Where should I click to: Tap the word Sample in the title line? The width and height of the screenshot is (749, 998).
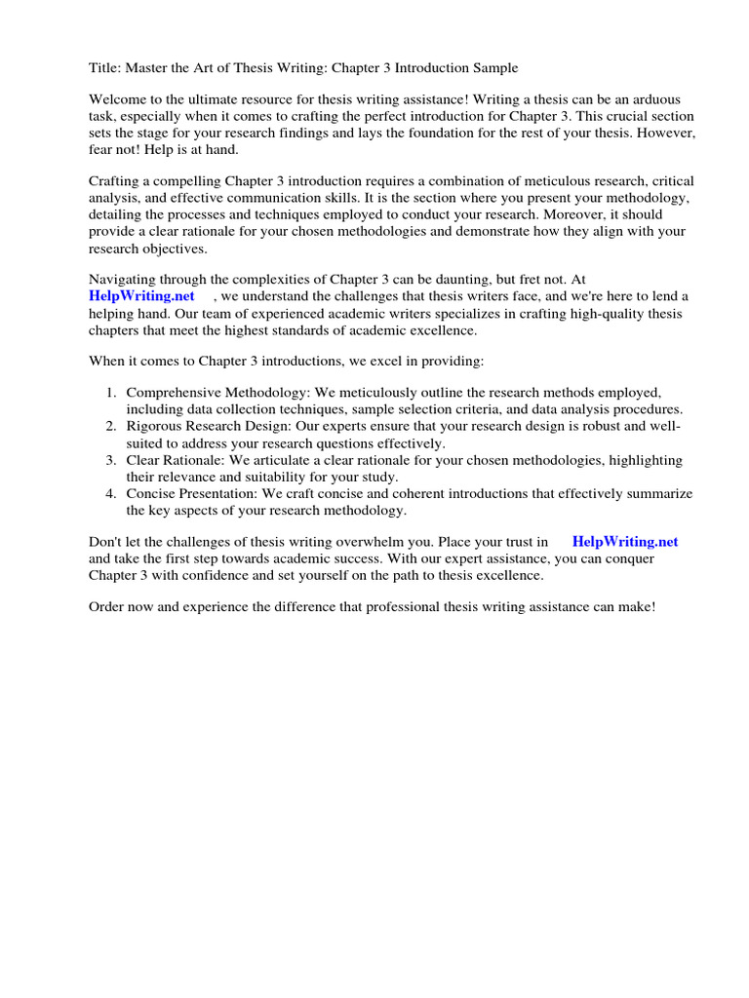coord(494,68)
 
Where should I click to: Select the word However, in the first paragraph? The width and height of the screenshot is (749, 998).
coord(666,133)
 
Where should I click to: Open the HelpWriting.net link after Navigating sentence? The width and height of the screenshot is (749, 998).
coord(141,295)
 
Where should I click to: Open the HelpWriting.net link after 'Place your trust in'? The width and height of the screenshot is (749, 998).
coord(625,542)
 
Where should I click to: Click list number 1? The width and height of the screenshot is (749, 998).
coord(112,393)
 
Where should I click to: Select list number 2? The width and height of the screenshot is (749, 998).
coord(112,427)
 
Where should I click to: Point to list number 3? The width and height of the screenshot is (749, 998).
coord(112,460)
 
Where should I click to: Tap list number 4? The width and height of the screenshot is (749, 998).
coord(112,494)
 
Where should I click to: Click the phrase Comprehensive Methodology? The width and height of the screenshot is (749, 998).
coord(217,393)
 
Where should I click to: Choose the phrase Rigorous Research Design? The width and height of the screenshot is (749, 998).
coord(208,427)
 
